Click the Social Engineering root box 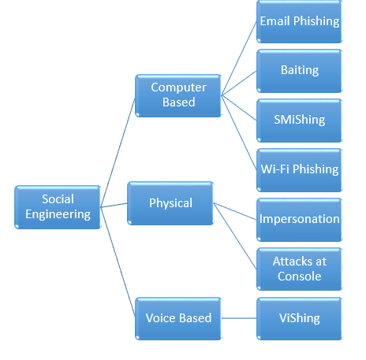pos(58,207)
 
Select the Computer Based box pos(178,95)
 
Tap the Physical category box pos(170,203)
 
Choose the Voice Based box pos(178,318)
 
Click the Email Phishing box pos(300,21)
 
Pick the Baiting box pos(300,70)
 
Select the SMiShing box pos(300,120)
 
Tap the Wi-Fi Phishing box pos(300,169)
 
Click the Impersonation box pos(300,218)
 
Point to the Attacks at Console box pos(300,269)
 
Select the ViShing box pos(300,318)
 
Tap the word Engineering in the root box pos(58,214)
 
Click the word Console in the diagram pos(300,276)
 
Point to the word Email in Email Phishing pos(275,21)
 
